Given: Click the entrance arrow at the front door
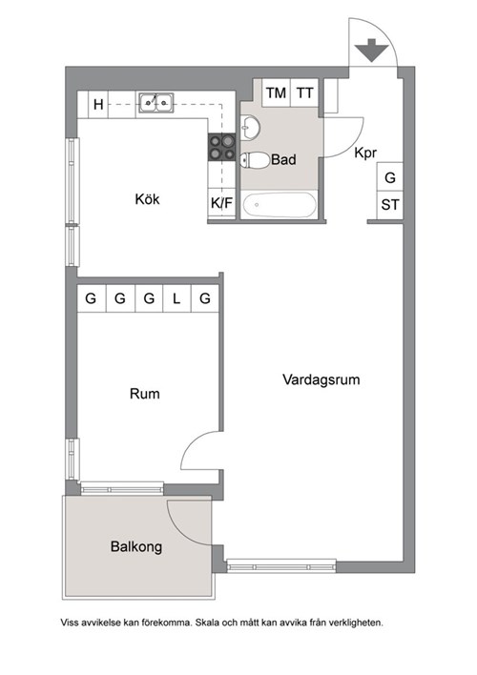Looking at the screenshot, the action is (371, 50).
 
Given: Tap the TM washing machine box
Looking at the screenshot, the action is (277, 92).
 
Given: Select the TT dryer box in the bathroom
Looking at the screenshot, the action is (304, 92).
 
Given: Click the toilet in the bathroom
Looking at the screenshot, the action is (255, 160).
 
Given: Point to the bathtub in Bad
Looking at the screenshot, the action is (280, 205).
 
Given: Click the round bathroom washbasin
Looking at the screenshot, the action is (249, 127).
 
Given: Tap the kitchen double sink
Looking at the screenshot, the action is (156, 103).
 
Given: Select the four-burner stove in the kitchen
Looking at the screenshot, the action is (222, 147).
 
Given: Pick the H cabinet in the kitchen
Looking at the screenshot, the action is (98, 104).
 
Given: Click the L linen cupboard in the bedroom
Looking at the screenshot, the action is (177, 298).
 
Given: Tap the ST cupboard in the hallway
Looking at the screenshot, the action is (390, 205).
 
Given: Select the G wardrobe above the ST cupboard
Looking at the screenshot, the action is (390, 177).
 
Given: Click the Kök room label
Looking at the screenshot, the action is (147, 199).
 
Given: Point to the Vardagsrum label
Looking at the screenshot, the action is (321, 379).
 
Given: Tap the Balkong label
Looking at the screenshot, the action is (136, 546).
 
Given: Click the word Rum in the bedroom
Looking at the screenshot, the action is (144, 394).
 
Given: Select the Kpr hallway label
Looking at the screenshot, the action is (365, 153).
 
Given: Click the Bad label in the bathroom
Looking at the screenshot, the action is (283, 160).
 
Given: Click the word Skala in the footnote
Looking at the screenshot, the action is (208, 623).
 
